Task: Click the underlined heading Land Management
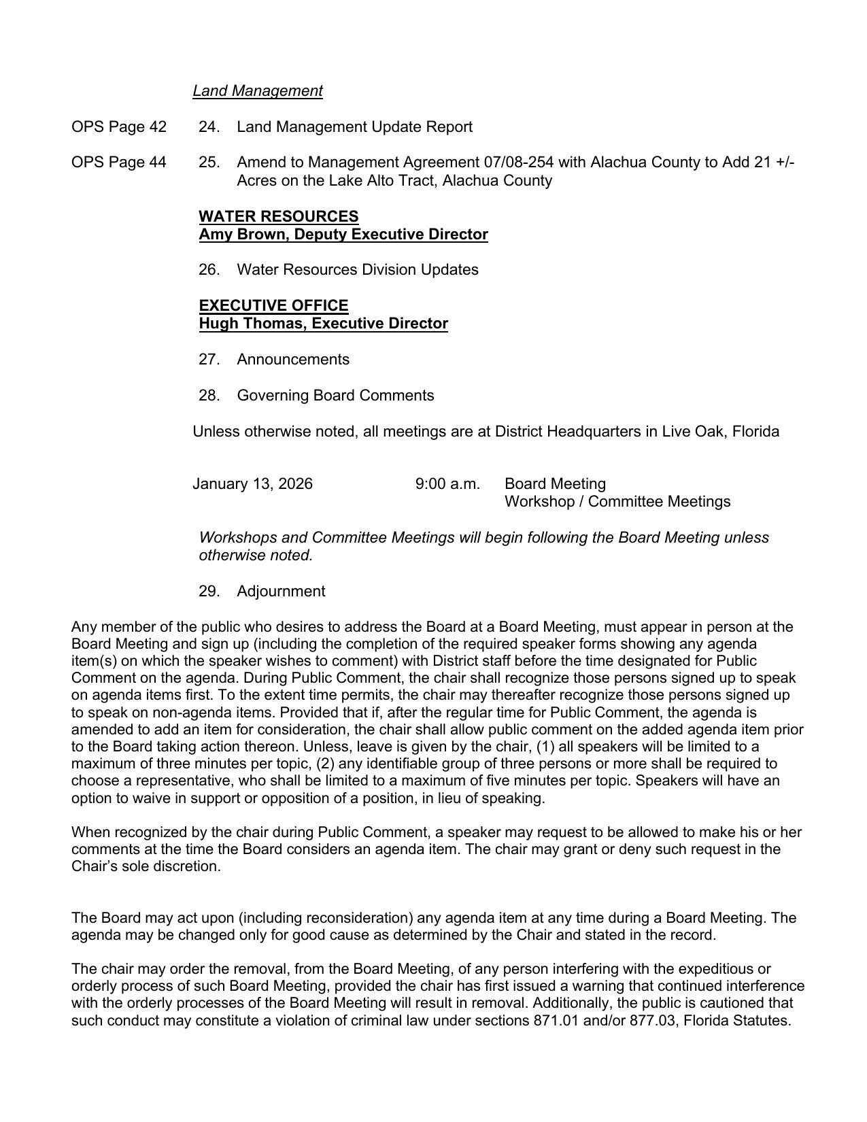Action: coord(257,90)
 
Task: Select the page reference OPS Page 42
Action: coord(118,126)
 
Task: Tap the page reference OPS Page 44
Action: coord(118,162)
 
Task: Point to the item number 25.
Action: coord(209,162)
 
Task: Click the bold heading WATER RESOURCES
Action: coord(279,216)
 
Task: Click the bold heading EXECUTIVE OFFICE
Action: coord(273,305)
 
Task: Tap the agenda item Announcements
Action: coord(292,359)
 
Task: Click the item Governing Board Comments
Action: coord(335,395)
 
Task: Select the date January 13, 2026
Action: coord(252,483)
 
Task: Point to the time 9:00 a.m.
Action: coord(447,483)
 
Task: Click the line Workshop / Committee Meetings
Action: coord(617,502)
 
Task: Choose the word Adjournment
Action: coord(280,591)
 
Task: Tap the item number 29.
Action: coord(209,591)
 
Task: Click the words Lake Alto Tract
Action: coord(377,180)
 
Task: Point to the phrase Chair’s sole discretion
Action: coord(146,866)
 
